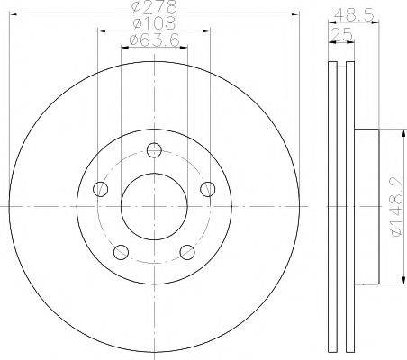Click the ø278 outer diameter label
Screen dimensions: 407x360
(154, 6)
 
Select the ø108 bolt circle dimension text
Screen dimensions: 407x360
(154, 22)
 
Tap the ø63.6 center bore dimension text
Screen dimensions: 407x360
(154, 40)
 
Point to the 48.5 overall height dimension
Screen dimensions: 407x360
(354, 14)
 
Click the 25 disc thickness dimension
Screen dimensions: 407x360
(341, 34)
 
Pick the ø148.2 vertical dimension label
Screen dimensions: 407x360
(396, 206)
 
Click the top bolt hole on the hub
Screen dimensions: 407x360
(154, 150)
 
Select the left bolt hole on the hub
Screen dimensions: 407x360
(101, 189)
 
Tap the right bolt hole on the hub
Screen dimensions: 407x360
(208, 189)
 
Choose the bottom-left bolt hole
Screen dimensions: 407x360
(122, 252)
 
